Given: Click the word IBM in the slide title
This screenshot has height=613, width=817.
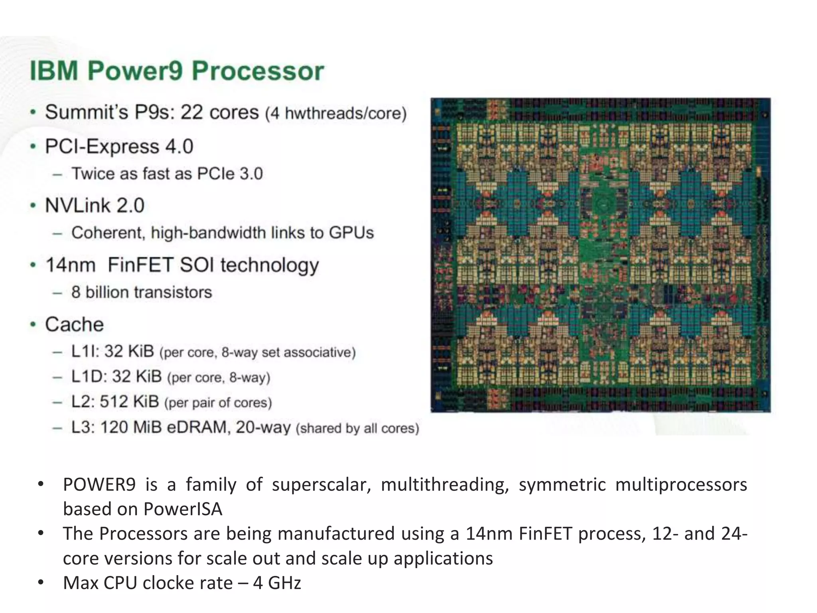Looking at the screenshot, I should (54, 71).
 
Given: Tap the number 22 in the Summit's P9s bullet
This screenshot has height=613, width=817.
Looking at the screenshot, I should (192, 112).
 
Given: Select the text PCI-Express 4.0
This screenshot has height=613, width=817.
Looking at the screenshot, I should (119, 146).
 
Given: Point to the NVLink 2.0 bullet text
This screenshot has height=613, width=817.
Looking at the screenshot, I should (95, 206).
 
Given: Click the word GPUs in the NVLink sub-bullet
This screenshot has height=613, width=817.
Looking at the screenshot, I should (351, 233).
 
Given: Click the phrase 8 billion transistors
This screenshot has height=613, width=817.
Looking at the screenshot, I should (142, 292).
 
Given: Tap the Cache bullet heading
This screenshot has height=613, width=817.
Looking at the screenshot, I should (74, 324).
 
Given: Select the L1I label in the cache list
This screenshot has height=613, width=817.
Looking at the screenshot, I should (85, 352).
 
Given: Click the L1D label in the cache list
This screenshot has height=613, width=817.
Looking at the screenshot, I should (88, 376).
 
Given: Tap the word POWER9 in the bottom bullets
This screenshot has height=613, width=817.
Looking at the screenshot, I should (99, 484).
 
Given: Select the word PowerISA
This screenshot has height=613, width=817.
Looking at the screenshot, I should (183, 509).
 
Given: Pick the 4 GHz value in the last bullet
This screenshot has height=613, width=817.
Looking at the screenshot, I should (277, 583).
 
